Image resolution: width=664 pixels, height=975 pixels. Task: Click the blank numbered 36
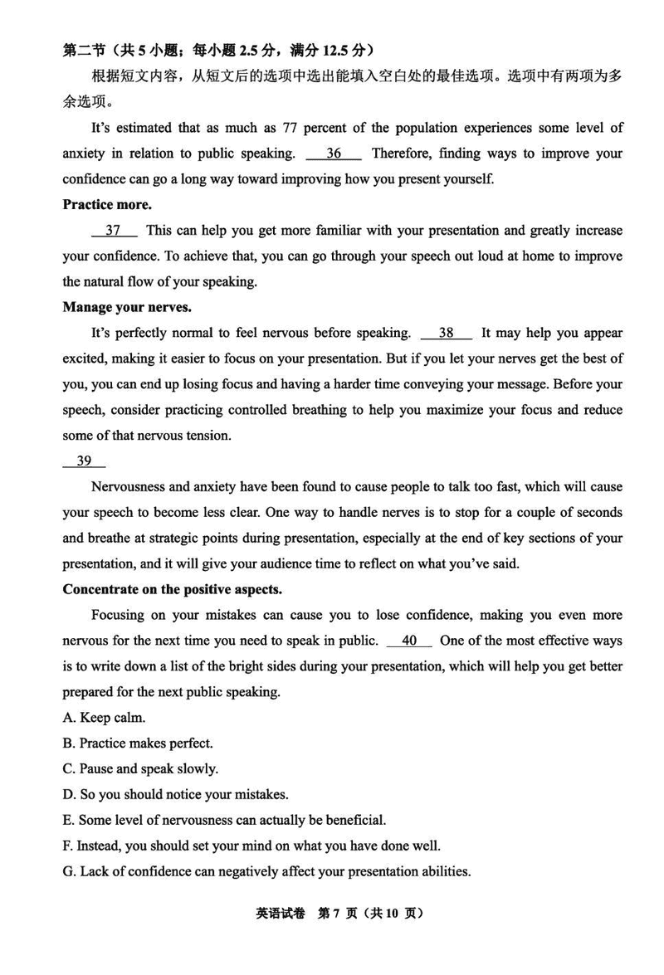pyautogui.click(x=334, y=154)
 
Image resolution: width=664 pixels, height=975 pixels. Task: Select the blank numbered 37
pyautogui.click(x=114, y=231)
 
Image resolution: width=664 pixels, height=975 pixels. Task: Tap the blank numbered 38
pyautogui.click(x=447, y=333)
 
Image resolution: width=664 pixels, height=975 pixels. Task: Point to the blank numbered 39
pyautogui.click(x=84, y=461)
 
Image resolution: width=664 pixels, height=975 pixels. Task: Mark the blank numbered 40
pyautogui.click(x=409, y=641)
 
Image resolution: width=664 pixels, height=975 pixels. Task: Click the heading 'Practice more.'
pyautogui.click(x=107, y=204)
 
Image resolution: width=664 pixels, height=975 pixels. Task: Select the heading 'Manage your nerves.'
pyautogui.click(x=127, y=307)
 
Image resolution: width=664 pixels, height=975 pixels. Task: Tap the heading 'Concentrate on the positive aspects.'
pyautogui.click(x=173, y=590)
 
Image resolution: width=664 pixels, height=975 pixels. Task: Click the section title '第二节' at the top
pyautogui.click(x=81, y=50)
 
